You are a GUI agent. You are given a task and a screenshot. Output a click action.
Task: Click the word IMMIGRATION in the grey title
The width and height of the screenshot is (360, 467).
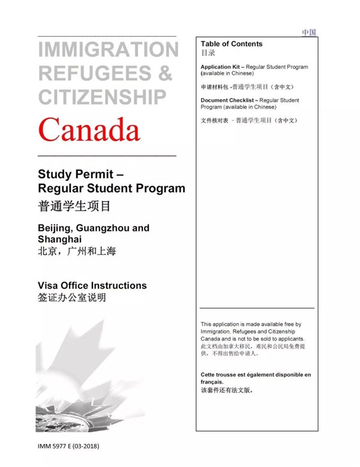pos(108,50)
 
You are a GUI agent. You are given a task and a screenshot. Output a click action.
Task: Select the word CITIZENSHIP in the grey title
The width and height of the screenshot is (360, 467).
pos(103,96)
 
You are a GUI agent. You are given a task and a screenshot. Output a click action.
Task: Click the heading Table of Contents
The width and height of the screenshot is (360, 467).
pos(232,44)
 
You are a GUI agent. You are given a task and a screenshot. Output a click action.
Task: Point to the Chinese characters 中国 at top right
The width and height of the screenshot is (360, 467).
pos(309,32)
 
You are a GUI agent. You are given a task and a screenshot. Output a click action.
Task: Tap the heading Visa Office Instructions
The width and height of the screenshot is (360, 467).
pos(92,285)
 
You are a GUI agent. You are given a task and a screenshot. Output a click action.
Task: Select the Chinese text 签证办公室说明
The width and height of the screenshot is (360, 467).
pos(71,298)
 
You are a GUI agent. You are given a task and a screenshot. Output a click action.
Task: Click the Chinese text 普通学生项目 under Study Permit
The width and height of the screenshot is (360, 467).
pos(74,207)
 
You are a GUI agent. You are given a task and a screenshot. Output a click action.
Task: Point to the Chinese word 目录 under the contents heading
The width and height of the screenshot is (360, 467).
pos(208,53)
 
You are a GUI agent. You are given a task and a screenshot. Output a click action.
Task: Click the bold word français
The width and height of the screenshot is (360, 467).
pos(212,382)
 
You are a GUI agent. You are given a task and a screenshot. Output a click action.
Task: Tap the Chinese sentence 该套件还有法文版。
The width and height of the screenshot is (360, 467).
pos(231,390)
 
